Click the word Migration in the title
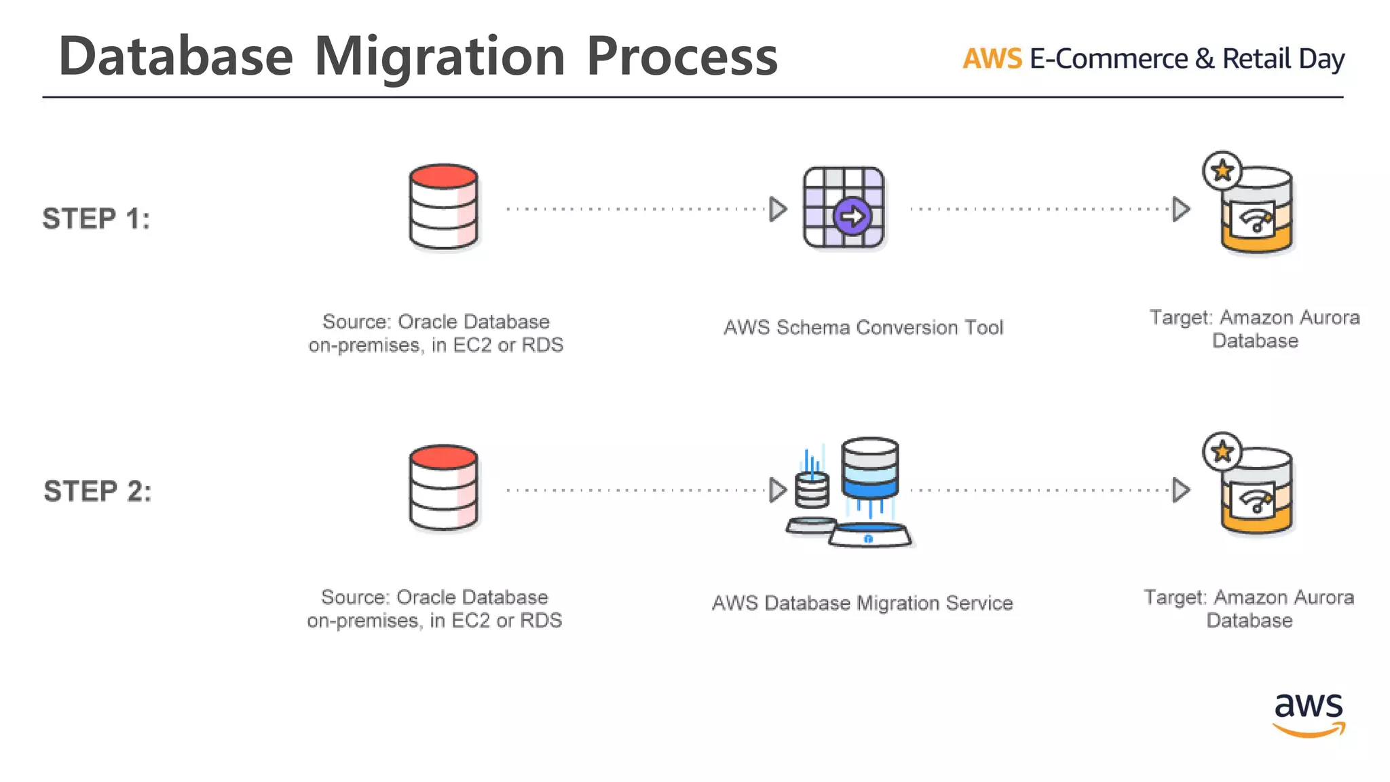440,57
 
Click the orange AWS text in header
992,59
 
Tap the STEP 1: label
96,219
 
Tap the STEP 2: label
98,491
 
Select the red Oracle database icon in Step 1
444,206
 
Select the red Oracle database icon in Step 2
444,487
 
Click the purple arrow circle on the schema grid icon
852,217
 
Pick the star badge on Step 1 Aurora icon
1222,170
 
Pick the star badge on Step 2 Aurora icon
1222,451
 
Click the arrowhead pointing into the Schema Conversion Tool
778,209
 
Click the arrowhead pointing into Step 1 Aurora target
1181,209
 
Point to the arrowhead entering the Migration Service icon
778,490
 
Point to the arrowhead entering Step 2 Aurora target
1181,490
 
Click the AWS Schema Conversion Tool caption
863,328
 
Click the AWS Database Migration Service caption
862,603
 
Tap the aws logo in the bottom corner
1309,713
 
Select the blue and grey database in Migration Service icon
869,468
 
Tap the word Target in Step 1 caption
1180,318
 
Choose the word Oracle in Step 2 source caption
426,597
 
